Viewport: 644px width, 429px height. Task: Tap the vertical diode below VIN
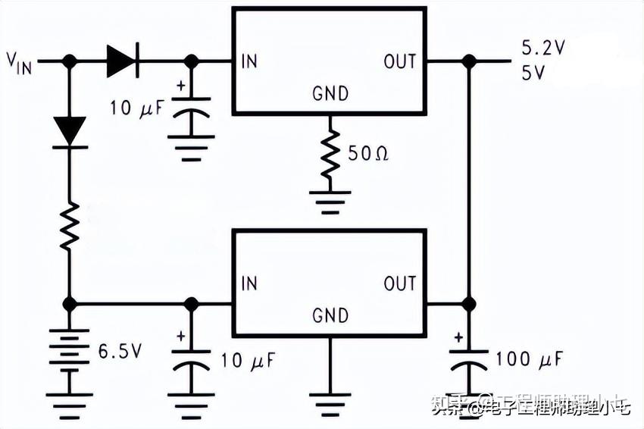[70, 130]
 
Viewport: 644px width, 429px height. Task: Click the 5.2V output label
[542, 49]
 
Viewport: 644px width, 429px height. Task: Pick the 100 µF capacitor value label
[529, 360]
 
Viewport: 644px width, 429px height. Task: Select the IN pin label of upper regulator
[249, 61]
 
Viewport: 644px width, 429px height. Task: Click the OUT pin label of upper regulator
[399, 61]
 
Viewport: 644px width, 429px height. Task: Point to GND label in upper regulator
[330, 94]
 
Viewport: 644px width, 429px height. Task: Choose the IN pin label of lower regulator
[249, 283]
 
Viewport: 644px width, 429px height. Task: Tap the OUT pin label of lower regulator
[399, 283]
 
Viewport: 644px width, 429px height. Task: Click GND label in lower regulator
[330, 315]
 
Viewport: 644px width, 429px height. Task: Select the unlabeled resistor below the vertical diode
[70, 226]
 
